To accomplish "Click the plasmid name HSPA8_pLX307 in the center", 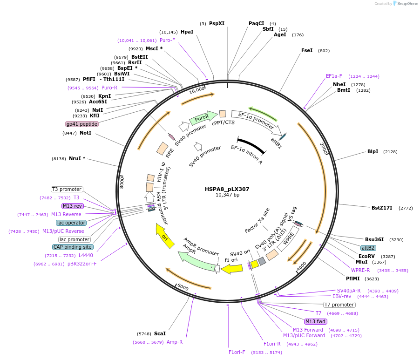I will click(x=227, y=189).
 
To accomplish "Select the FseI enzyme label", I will click(x=307, y=50).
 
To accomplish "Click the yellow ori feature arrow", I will click(x=164, y=236).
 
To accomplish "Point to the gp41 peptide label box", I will click(x=82, y=124).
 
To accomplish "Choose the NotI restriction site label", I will click(x=85, y=133).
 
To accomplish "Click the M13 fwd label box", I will click(x=315, y=321).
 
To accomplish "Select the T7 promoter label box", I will click(x=339, y=305).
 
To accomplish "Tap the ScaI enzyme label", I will click(x=160, y=333).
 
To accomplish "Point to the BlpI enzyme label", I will click(x=373, y=151).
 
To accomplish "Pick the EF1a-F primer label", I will click(x=334, y=76).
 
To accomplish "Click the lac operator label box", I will click(x=71, y=223).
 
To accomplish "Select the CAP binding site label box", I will click(x=73, y=247).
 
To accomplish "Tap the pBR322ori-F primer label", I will click(x=82, y=264).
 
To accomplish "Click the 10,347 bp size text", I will click(x=227, y=195).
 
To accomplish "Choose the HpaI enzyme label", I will click(x=187, y=32).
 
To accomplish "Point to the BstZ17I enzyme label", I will click(x=382, y=208).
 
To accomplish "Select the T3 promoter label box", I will click(x=67, y=189).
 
